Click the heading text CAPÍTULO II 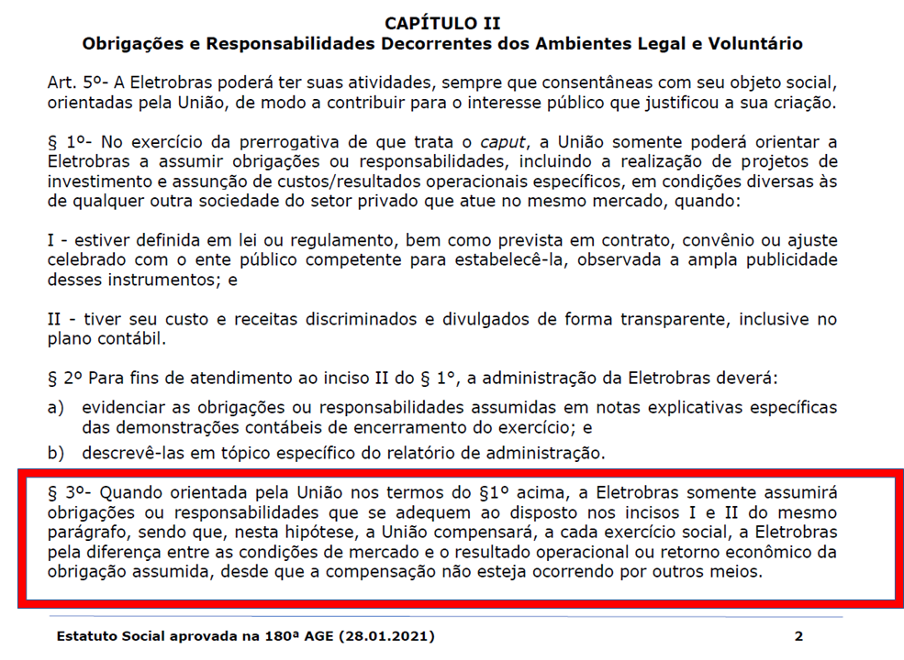pyautogui.click(x=442, y=23)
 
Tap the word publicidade pyautogui.click(x=786, y=259)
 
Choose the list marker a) pyautogui.click(x=56, y=407)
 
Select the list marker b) pyautogui.click(x=56, y=452)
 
